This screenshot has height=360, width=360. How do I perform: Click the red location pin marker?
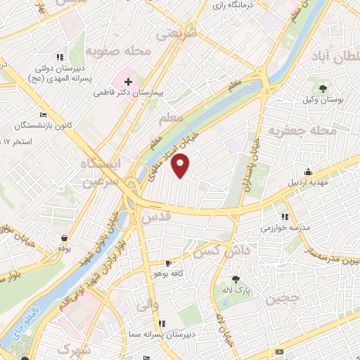181,166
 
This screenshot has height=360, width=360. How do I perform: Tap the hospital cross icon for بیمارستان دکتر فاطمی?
128,82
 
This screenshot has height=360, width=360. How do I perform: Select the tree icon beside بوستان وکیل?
323,88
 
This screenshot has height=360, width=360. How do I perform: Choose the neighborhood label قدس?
156,217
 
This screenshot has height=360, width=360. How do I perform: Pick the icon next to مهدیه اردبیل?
307,172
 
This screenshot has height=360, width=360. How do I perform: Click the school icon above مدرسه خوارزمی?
285,217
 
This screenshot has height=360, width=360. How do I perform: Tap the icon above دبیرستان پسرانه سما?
162,323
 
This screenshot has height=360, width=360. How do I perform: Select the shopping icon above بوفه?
65,238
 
